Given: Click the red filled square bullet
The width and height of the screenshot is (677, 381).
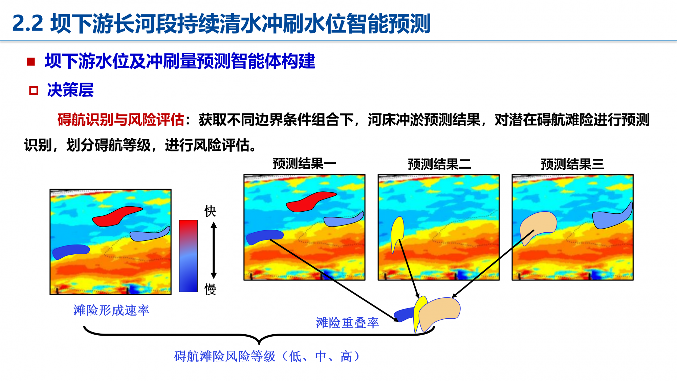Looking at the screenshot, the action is click(x=31, y=62).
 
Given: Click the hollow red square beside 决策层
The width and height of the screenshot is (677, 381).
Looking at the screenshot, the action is click(x=34, y=90).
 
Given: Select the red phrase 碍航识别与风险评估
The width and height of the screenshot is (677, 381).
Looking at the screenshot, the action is click(x=121, y=120).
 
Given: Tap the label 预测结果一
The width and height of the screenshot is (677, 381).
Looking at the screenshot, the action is click(x=304, y=164).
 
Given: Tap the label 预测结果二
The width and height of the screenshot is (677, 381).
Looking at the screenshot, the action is click(x=439, y=164).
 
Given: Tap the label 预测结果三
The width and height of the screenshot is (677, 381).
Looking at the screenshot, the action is click(x=572, y=164).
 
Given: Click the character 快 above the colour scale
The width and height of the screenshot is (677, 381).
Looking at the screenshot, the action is click(x=210, y=211).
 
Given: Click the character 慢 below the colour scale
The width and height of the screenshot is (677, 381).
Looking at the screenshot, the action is click(x=210, y=289).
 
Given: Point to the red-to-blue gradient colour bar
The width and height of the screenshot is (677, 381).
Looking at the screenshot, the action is click(x=188, y=256).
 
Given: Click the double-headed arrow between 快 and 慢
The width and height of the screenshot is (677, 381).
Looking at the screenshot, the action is click(x=214, y=250).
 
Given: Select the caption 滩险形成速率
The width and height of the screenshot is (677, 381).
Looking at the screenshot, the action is click(x=111, y=310).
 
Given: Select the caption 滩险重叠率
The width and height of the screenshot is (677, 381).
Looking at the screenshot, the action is click(x=347, y=323).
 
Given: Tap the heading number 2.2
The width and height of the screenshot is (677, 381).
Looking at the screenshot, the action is click(x=28, y=24).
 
